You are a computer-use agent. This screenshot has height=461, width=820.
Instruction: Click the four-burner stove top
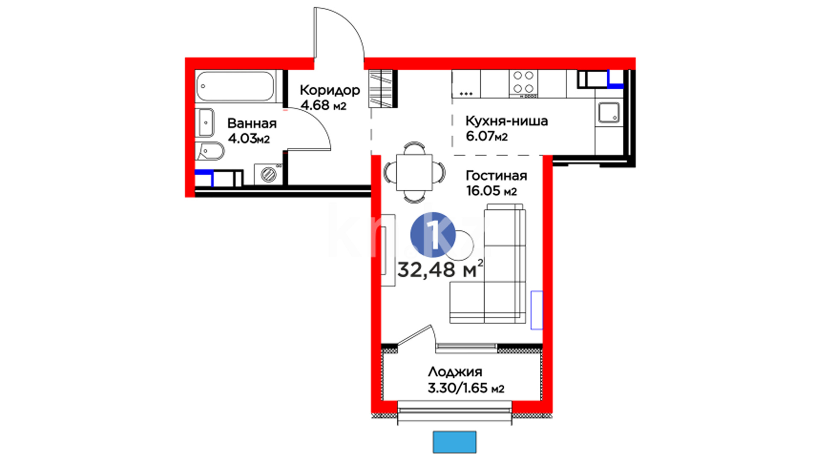click(523, 83)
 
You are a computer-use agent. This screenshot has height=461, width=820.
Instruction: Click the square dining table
click(414, 172)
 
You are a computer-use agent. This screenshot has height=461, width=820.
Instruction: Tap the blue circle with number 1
click(433, 235)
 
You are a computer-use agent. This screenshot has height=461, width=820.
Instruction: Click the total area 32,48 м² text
click(441, 269)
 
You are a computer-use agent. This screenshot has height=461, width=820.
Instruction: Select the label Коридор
click(330, 90)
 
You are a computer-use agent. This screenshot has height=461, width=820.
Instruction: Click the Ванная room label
click(252, 123)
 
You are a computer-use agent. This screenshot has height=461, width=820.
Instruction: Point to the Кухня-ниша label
click(507, 121)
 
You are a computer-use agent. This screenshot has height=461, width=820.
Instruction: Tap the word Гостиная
click(496, 175)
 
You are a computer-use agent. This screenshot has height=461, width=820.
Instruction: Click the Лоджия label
click(455, 372)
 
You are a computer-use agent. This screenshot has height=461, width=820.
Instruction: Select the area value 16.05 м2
click(492, 190)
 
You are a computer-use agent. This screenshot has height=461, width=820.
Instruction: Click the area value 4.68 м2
click(323, 105)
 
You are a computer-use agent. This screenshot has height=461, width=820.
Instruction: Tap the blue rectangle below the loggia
click(454, 442)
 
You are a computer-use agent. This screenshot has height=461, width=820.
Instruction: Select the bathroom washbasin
click(205, 123)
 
